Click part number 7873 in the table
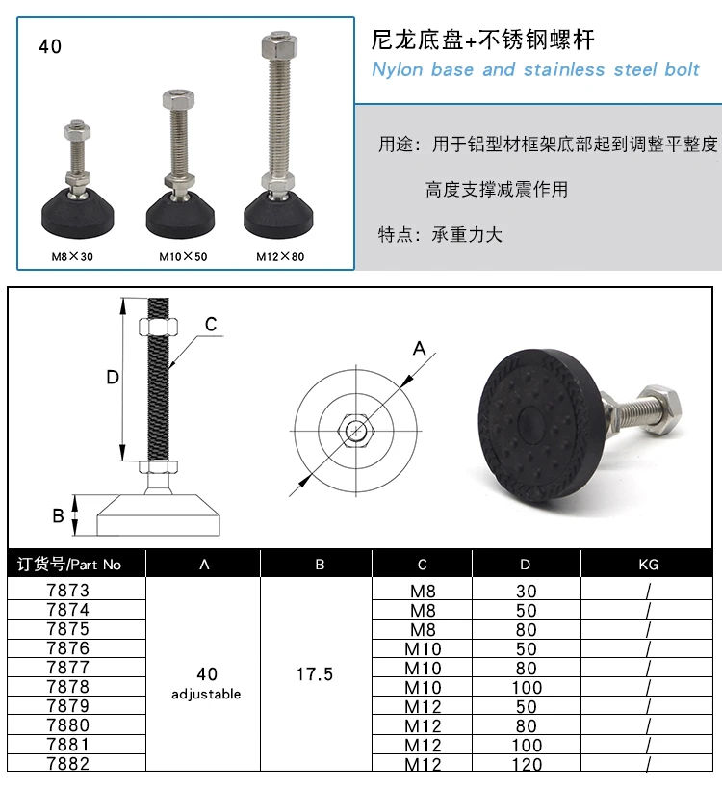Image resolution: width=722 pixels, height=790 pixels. (x=67, y=591)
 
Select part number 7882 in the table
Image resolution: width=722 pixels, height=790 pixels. (x=67, y=764)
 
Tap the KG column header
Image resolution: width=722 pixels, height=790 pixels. (x=649, y=565)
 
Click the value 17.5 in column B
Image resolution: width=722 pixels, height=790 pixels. (x=315, y=674)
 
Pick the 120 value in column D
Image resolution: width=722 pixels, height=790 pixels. (x=525, y=765)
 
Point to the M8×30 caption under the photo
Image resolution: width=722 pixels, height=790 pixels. (x=74, y=257)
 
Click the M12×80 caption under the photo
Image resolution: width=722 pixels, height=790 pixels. (x=280, y=257)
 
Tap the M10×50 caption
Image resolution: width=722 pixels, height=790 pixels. (x=183, y=257)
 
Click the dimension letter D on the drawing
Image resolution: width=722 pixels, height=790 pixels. (x=113, y=378)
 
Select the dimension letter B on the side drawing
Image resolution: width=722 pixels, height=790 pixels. (x=58, y=515)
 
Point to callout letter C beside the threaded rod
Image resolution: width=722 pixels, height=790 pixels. (x=212, y=324)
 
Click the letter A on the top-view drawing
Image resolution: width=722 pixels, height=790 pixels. (x=420, y=349)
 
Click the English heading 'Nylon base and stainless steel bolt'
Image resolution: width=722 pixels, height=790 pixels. (x=535, y=69)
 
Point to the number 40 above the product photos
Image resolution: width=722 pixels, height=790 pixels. (x=50, y=46)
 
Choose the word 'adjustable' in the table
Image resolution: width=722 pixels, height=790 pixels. (x=206, y=694)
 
